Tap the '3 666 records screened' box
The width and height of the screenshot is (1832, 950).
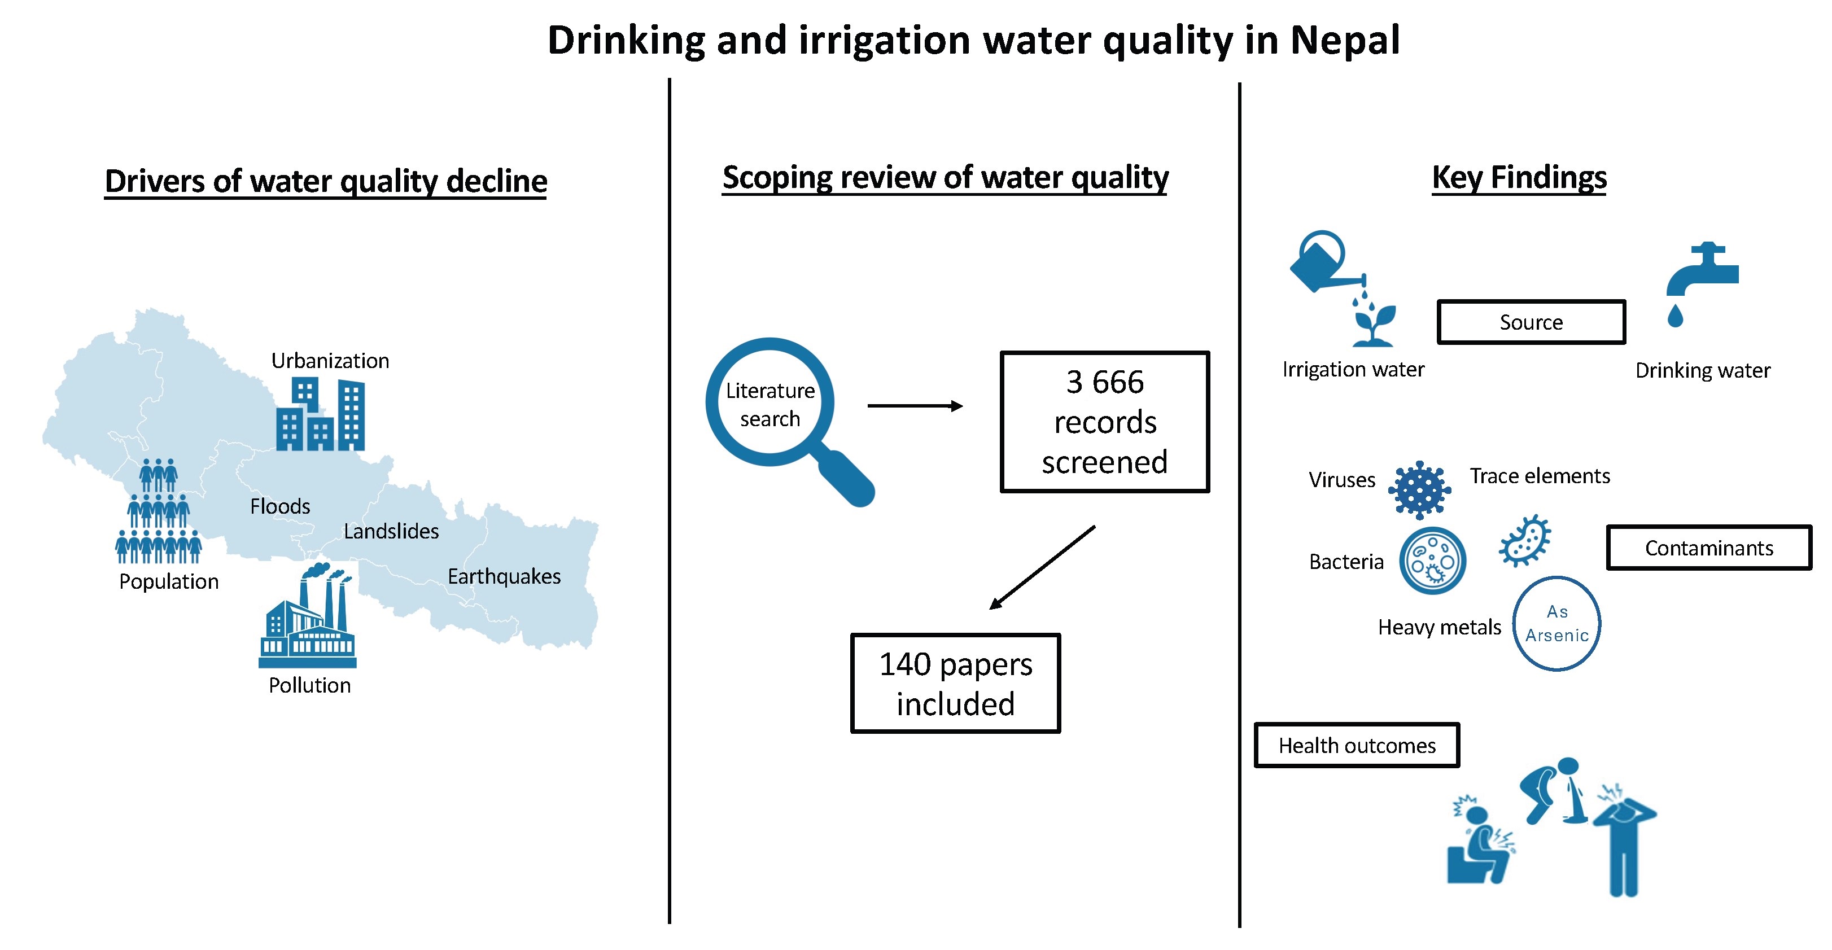pos(1104,422)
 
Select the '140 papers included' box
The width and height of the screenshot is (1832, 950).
pos(955,684)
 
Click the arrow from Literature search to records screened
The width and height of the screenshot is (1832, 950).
pos(915,406)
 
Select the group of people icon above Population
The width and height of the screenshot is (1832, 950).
pos(158,512)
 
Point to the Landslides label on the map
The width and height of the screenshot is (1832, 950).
pos(391,531)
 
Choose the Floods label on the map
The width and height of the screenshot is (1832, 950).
pos(280,506)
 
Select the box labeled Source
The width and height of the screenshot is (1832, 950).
pos(1531,322)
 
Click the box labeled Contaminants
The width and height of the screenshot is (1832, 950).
pos(1708,548)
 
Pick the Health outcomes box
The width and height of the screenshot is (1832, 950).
pos(1357,745)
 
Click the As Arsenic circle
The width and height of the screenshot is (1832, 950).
pos(1556,624)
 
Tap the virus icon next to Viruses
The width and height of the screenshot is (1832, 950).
pos(1419,489)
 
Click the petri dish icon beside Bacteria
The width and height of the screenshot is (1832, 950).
pos(1432,561)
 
